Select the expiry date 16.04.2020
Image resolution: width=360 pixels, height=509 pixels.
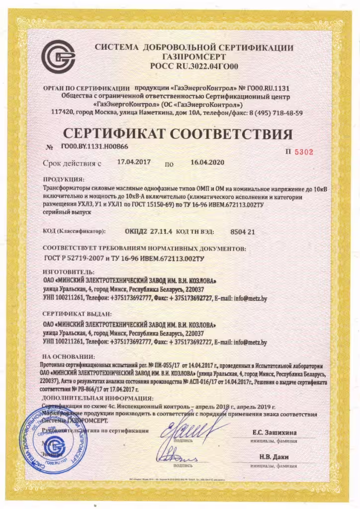tap(204, 162)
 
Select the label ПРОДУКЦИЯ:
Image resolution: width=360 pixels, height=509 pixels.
tap(64, 179)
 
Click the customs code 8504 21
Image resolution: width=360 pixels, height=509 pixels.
tap(243, 231)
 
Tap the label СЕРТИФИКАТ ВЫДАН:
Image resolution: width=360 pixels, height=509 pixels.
tap(77, 314)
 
